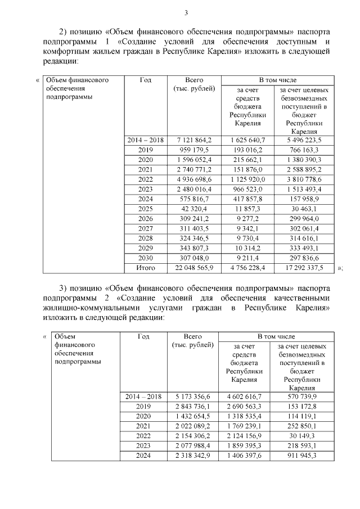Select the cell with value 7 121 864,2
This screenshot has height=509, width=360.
[x=193, y=140]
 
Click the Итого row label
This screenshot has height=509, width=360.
[x=145, y=268]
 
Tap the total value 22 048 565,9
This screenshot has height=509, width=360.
[x=193, y=268]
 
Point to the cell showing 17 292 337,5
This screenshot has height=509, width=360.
[x=304, y=268]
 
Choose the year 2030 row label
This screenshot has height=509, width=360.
[x=145, y=258]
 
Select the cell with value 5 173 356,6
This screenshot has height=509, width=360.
[x=192, y=397]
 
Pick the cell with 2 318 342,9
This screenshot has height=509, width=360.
[x=192, y=456]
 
